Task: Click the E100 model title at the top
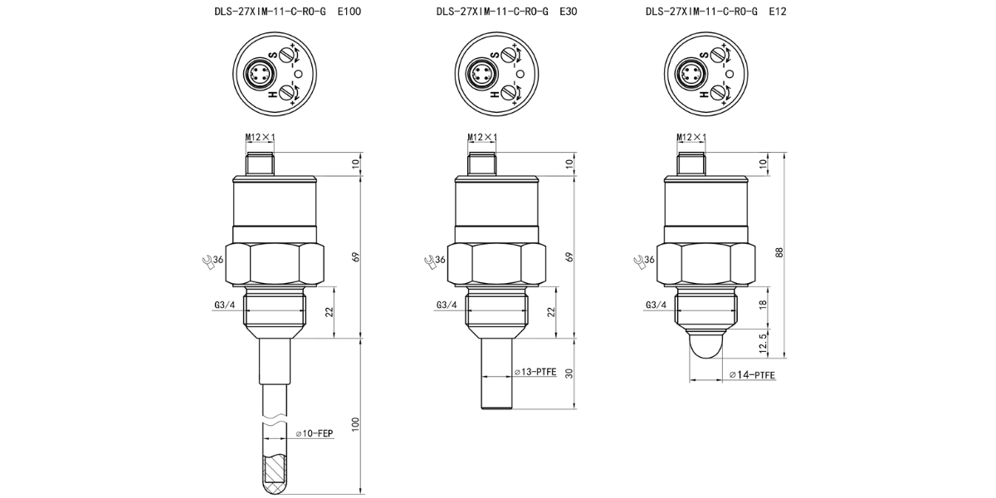pyautogui.click(x=288, y=12)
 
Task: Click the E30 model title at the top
pyautogui.click(x=506, y=12)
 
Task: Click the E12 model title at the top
pyautogui.click(x=715, y=12)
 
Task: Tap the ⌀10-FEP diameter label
pyautogui.click(x=315, y=433)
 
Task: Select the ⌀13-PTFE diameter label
pyautogui.click(x=535, y=372)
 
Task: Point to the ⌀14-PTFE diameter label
pyautogui.click(x=752, y=375)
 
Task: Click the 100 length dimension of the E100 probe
pyautogui.click(x=355, y=425)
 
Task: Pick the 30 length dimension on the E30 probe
pyautogui.click(x=569, y=373)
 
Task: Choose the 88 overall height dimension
pyautogui.click(x=779, y=253)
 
